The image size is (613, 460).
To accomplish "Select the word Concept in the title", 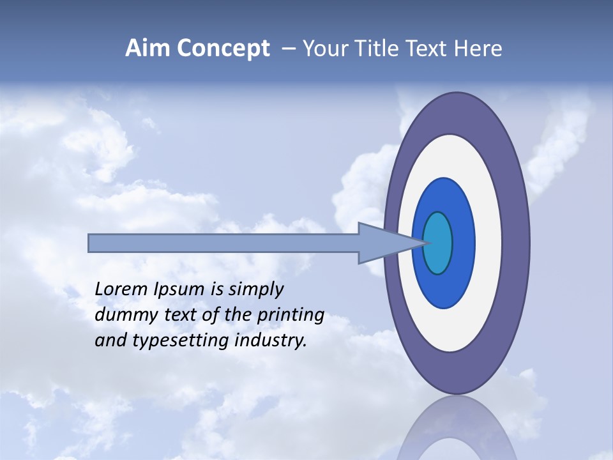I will (223, 49).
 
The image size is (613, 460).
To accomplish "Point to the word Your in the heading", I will (325, 49).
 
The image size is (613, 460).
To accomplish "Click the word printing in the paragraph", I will (290, 315).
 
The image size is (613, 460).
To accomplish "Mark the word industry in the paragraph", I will (271, 341).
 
